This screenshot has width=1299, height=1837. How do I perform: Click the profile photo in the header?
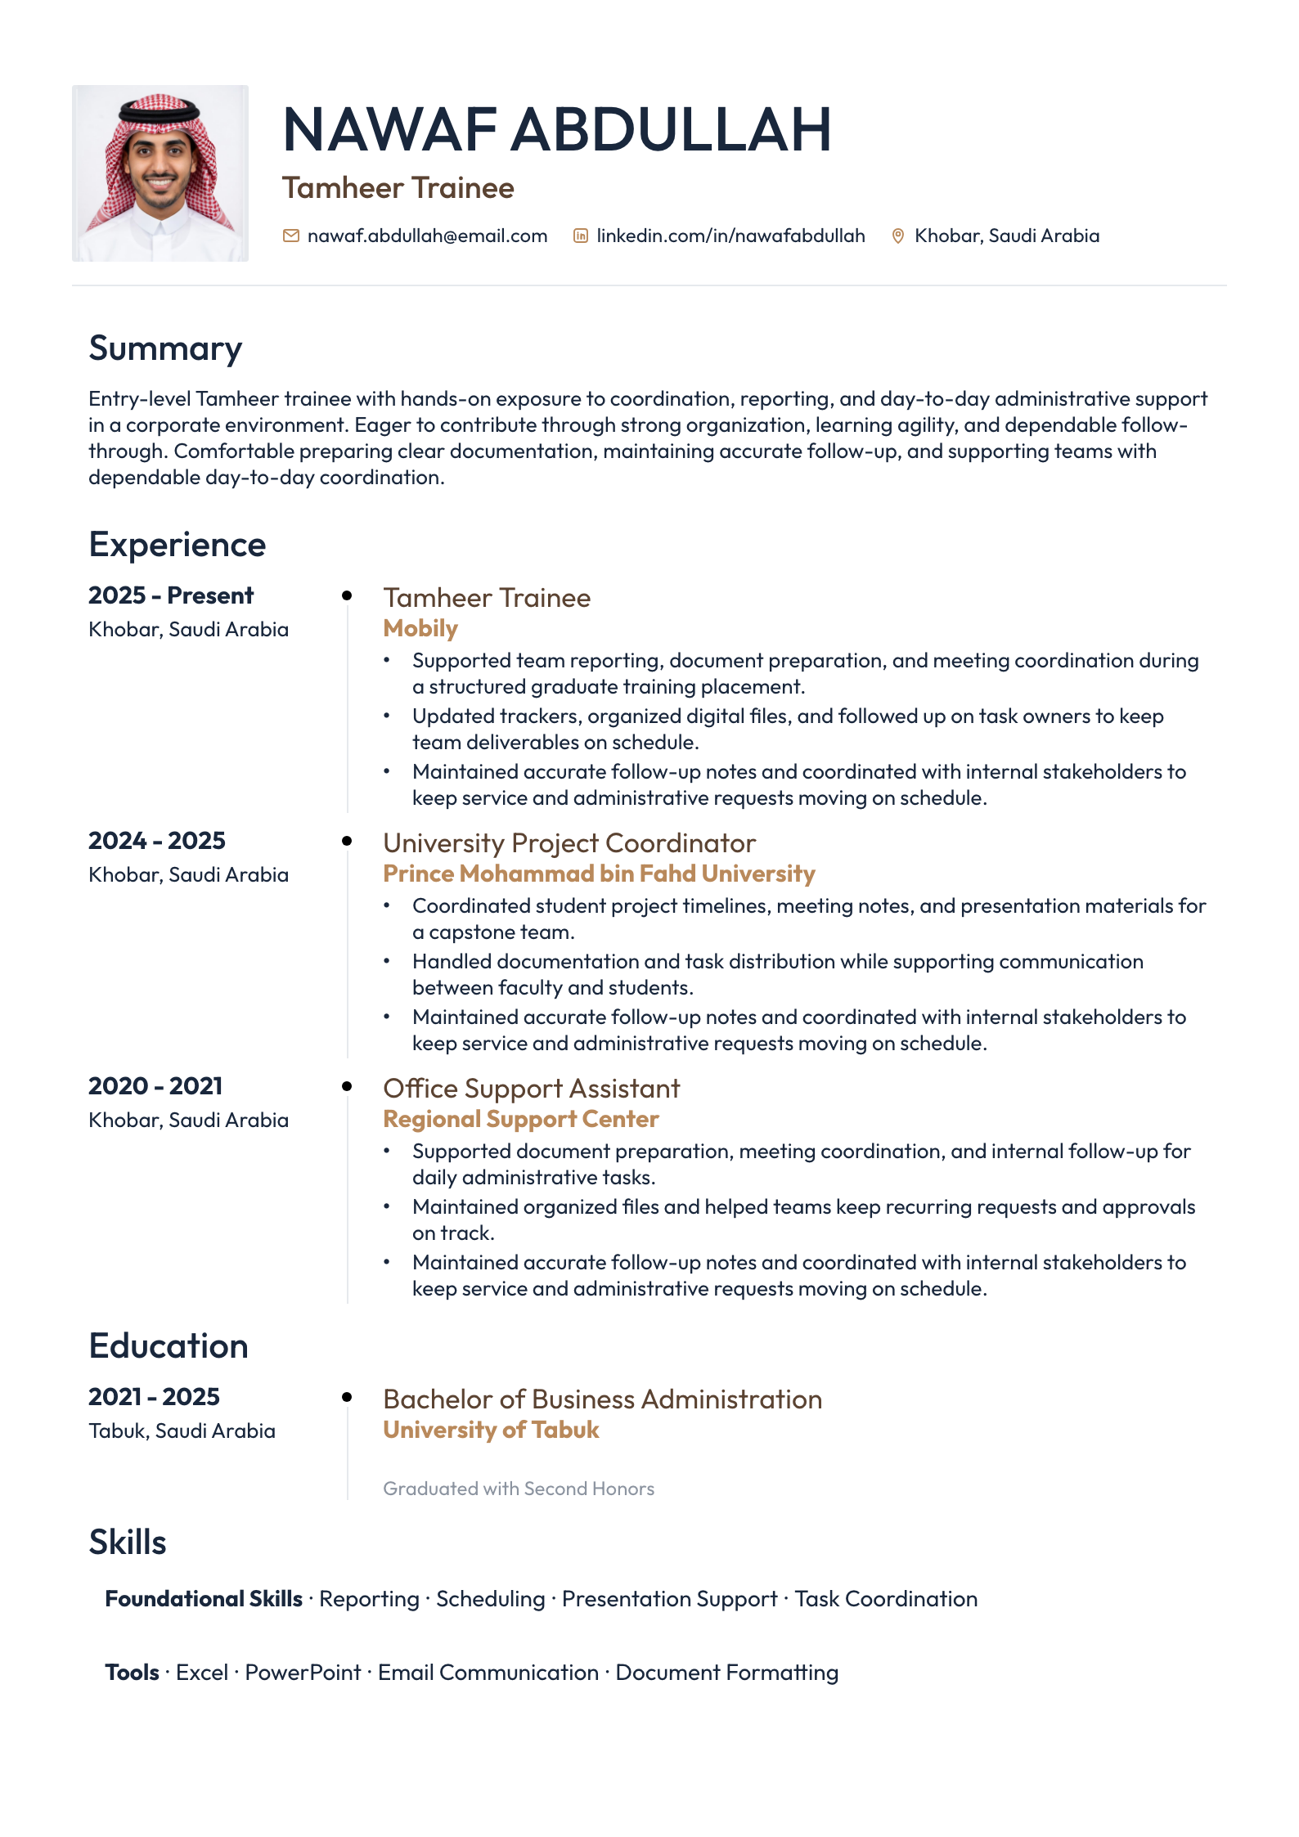coord(160,173)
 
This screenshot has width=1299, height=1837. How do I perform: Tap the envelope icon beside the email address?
coord(290,236)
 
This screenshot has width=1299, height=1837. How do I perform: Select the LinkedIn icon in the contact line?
coord(581,236)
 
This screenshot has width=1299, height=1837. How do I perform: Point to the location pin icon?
coord(897,236)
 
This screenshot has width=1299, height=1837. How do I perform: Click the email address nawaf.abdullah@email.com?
coord(427,236)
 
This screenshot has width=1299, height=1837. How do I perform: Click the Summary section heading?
coord(165,348)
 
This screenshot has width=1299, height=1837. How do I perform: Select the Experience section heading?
coord(177,545)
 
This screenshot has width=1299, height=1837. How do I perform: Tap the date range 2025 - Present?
coord(171,595)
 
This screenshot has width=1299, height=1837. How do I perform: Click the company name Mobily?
coord(420,628)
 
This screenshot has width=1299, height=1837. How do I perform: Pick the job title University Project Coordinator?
coord(569,843)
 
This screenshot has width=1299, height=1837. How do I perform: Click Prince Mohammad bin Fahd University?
coord(599,874)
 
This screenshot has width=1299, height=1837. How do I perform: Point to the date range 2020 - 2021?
coord(155,1086)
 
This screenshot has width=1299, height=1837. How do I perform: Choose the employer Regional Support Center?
coord(521,1119)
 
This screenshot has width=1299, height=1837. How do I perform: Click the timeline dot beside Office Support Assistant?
coord(347,1086)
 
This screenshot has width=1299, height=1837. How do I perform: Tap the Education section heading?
coord(169,1346)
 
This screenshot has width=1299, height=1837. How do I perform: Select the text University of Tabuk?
coord(491,1430)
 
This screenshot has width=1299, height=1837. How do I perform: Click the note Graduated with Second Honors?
coord(519,1489)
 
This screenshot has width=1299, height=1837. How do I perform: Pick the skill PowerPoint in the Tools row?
coord(303,1673)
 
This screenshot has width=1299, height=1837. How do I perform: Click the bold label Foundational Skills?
coord(204,1599)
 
